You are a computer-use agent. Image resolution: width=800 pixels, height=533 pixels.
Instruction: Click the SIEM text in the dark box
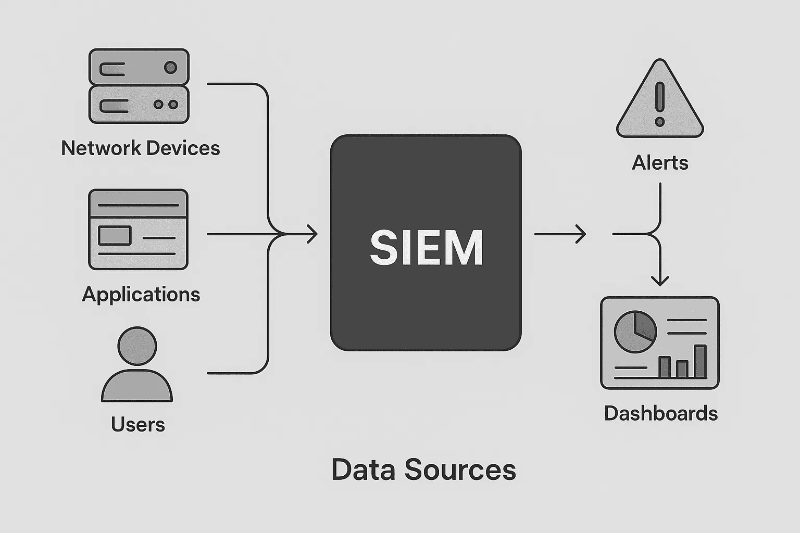tap(427, 248)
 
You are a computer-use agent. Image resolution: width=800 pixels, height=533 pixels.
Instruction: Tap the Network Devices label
tap(140, 148)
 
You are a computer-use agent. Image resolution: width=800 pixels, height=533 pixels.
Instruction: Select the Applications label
tap(141, 295)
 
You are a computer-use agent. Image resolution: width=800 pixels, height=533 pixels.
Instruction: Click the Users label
tap(137, 425)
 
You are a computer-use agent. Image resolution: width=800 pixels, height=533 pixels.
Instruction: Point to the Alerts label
tap(660, 163)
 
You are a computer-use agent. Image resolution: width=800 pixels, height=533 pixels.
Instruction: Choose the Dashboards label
tap(660, 414)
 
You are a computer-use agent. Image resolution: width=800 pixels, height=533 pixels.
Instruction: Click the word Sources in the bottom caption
tap(460, 469)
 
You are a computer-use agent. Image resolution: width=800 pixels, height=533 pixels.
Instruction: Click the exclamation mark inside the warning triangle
tap(660, 104)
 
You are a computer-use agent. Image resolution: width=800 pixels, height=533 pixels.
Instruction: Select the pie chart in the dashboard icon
tap(635, 332)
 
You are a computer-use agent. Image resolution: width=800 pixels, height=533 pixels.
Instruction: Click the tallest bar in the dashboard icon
tap(701, 361)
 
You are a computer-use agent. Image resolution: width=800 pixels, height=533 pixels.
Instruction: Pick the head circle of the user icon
tap(137, 346)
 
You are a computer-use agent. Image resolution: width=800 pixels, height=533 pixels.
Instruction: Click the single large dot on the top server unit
tap(170, 67)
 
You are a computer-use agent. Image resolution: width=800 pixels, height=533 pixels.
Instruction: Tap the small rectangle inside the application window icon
tap(115, 235)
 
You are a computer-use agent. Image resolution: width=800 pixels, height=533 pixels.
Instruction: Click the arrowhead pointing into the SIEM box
tap(312, 234)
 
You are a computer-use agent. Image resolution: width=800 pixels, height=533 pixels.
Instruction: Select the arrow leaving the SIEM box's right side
tap(560, 234)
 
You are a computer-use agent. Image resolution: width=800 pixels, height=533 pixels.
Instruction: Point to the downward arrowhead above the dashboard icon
tap(660, 281)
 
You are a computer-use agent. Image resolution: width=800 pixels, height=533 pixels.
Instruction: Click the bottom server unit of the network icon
tap(139, 105)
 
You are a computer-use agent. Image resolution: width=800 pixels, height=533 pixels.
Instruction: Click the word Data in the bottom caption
tap(364, 469)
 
